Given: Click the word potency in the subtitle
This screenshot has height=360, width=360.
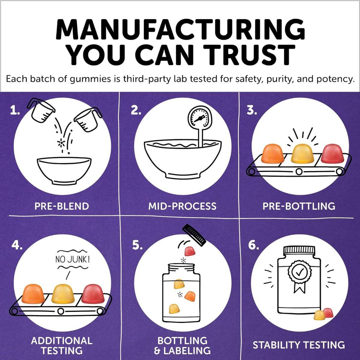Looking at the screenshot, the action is click(335, 79).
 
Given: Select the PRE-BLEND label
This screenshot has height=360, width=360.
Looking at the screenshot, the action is click(62, 206).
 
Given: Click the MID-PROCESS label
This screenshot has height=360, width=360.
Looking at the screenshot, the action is click(182, 206).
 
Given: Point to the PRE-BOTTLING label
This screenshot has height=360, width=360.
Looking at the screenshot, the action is click(299, 206).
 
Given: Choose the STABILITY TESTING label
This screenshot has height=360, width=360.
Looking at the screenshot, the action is click(299, 345).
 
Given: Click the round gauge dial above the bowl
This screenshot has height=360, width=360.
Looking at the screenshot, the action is click(200, 118).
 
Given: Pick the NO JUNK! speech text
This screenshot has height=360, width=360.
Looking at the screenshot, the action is click(73, 259).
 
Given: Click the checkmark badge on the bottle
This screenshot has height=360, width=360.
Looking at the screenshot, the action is click(299, 273).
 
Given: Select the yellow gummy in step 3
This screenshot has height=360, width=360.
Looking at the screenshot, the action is click(302, 153).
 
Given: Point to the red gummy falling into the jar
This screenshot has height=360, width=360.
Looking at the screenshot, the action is click(190, 251).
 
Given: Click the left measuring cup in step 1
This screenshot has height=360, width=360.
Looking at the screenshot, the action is click(41, 111).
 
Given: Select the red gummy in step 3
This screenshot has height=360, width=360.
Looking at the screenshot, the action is click(332, 153).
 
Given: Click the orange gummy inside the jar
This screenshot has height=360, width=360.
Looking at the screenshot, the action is click(190, 296).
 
